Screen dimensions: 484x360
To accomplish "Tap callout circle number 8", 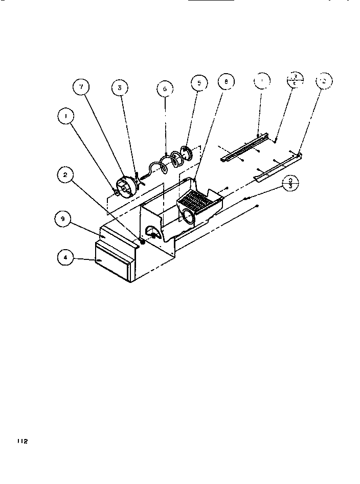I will pos(226,82).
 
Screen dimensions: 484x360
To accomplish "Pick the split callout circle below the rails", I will pos(290,183).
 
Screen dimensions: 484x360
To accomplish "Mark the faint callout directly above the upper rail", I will pos(262,81).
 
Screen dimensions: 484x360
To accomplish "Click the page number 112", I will pos(21,441).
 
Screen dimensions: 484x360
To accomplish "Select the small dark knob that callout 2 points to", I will pos(142,241).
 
